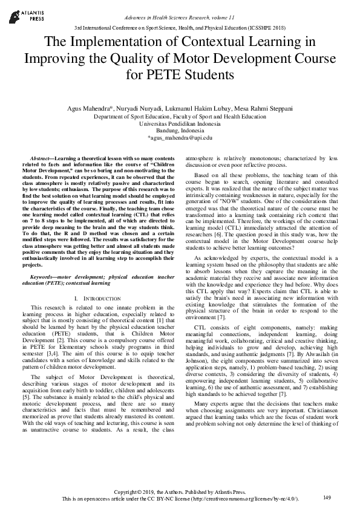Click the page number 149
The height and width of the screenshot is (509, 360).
click(x=327, y=498)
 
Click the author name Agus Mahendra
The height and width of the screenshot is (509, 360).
click(x=92, y=108)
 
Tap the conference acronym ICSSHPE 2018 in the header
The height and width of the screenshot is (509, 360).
click(x=265, y=28)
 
